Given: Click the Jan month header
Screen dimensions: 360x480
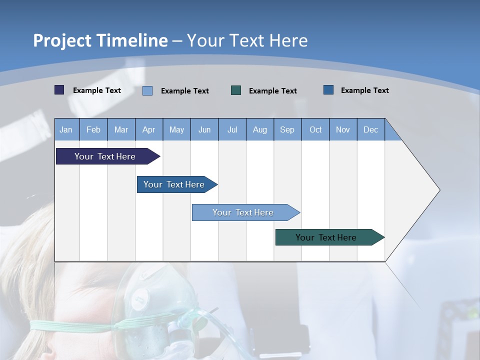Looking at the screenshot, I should click(66, 130).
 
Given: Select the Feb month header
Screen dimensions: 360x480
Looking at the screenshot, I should click(93, 130).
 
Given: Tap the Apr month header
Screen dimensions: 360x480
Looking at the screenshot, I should click(148, 130).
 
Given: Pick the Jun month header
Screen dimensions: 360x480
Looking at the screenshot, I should click(204, 130).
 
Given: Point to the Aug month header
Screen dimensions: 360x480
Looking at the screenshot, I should click(259, 130).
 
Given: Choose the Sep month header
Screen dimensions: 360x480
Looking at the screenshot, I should click(287, 130).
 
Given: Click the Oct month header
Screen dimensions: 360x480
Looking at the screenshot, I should click(315, 130).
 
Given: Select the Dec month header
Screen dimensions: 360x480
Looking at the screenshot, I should click(370, 130).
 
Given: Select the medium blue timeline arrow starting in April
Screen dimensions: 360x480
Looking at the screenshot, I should click(174, 184).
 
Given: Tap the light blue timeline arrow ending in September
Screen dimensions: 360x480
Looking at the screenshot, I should click(243, 212).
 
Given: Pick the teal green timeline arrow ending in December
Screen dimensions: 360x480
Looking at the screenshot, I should click(326, 237).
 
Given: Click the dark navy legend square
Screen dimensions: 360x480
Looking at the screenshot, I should click(59, 90).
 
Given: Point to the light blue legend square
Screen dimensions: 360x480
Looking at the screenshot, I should click(147, 90).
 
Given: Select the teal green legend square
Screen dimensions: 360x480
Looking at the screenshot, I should click(236, 90).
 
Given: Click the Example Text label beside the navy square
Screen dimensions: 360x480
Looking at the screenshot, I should click(97, 90).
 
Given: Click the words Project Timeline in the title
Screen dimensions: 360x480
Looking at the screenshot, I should click(100, 40).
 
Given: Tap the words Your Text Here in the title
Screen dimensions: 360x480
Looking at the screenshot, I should click(247, 40).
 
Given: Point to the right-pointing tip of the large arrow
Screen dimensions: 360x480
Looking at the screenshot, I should click(438, 190).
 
